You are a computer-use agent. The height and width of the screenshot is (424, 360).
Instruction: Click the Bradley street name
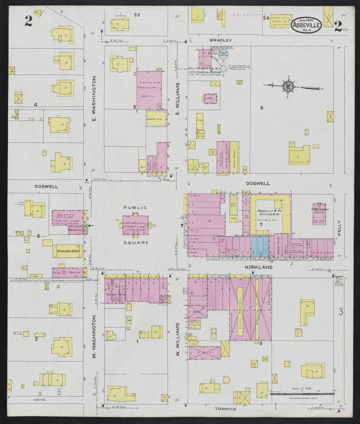(221, 40)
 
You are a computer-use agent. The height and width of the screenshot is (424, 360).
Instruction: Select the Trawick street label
(226, 409)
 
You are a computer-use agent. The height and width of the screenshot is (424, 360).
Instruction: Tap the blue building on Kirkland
(260, 246)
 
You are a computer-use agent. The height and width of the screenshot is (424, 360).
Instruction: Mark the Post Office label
(75, 230)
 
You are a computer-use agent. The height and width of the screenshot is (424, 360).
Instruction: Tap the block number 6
(261, 108)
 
